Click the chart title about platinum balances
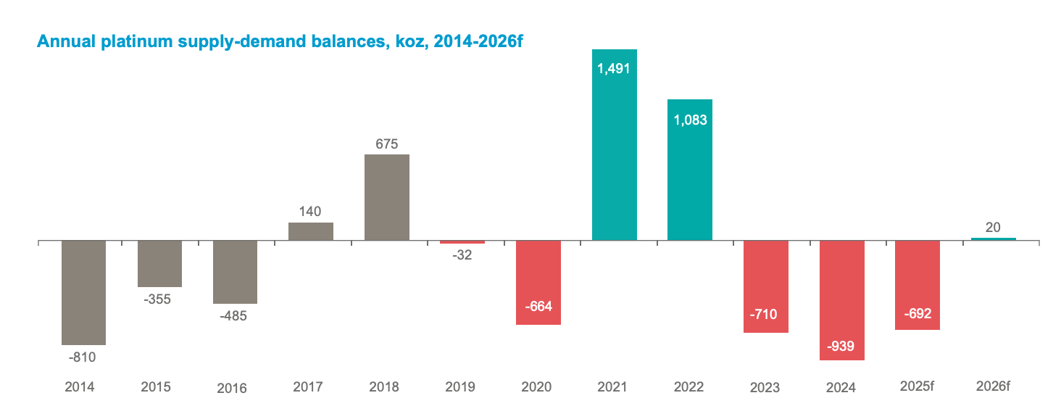coord(280,41)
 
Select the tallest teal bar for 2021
coord(614,145)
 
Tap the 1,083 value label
coord(689,120)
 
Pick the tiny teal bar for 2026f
coord(993,239)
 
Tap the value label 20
coord(993,228)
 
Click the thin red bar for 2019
coord(462,242)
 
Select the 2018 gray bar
coord(386,197)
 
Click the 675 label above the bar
coord(386,144)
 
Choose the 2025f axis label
coord(917,387)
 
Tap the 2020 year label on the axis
coord(538,387)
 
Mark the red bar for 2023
coord(765,286)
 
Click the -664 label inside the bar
coord(538,306)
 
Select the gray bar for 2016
coord(235,272)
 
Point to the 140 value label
coord(311,212)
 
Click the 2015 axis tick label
coord(155,387)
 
